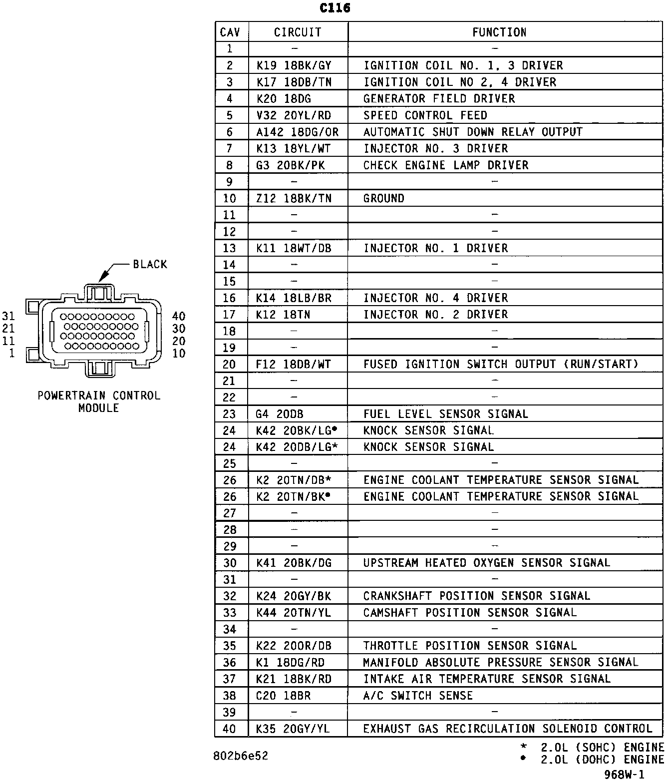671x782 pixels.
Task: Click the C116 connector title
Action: coord(335,8)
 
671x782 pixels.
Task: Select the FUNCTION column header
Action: coord(499,32)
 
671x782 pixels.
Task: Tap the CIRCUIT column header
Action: coord(298,32)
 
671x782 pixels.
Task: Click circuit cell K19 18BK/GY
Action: coord(294,65)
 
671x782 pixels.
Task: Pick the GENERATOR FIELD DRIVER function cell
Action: coord(439,98)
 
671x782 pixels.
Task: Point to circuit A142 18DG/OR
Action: coord(297,132)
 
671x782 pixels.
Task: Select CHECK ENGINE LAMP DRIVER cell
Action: coord(445,165)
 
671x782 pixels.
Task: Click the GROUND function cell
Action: coord(383,198)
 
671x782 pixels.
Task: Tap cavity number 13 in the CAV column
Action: coord(229,248)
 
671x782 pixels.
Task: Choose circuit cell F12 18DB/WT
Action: coord(293,364)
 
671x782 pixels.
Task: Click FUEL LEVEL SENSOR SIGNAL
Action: coord(445,414)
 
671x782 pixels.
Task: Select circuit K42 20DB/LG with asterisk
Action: coord(297,447)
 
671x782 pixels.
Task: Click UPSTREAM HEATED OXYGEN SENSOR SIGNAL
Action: coord(486,563)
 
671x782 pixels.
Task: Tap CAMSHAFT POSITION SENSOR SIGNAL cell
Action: coord(469,612)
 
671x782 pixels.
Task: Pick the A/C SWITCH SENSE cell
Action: coord(417,695)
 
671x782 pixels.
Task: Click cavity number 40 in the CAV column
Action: coord(229,729)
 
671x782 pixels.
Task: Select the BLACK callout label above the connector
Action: coord(150,264)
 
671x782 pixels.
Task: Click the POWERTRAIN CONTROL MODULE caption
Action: coord(99,401)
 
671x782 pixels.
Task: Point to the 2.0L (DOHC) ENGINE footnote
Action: coord(602,760)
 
